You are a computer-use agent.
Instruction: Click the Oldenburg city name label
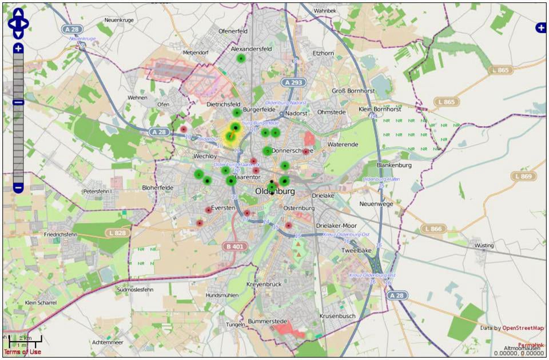click(275, 191)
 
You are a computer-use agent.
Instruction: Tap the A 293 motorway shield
click(292, 83)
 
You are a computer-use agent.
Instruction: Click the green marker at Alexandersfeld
click(241, 58)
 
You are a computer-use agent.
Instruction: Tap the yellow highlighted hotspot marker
click(233, 131)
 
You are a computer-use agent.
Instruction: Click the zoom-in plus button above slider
click(18, 49)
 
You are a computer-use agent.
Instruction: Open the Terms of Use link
click(22, 352)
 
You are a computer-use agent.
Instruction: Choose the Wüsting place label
click(484, 246)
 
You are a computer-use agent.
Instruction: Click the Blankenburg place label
click(394, 165)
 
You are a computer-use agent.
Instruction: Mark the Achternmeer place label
click(107, 342)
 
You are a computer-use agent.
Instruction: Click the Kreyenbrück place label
click(264, 284)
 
